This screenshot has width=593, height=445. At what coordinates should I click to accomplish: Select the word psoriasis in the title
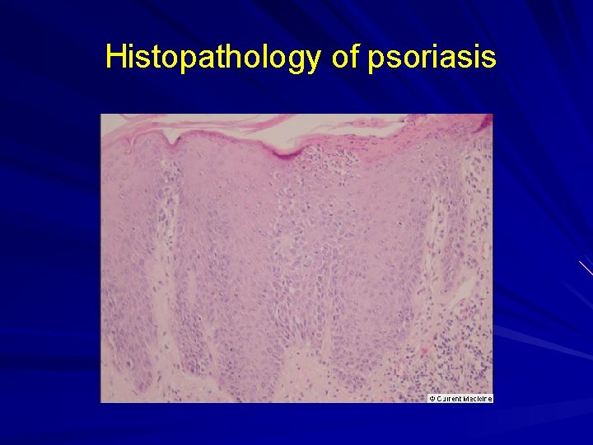433,58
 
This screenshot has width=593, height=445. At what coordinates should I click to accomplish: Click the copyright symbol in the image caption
432,399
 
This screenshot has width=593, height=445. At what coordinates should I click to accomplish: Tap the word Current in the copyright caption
449,399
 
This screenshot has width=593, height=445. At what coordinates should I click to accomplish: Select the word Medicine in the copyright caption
478,399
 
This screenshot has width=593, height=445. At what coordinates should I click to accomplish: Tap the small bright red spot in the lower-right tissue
424,351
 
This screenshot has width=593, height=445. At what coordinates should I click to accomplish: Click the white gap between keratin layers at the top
247,126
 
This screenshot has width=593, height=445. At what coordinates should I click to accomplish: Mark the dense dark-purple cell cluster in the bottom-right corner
461,346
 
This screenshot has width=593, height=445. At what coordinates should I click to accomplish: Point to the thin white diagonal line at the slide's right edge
586,267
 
